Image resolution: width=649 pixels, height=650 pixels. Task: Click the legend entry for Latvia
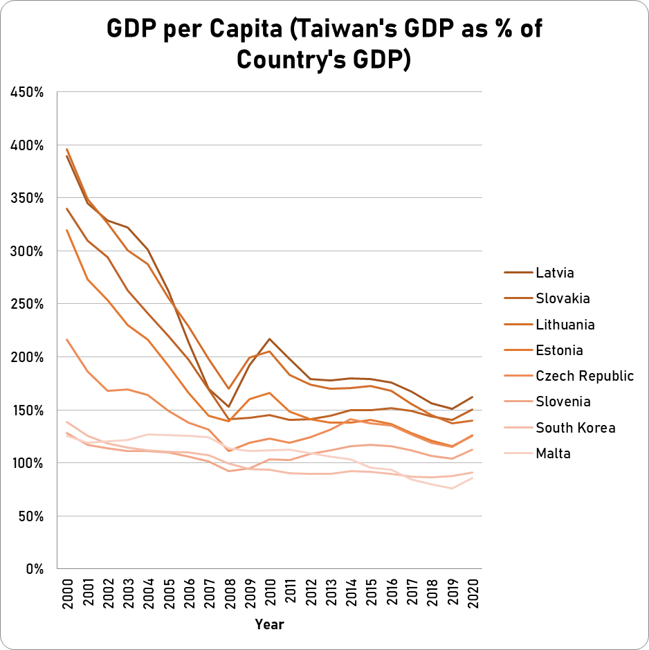(555, 273)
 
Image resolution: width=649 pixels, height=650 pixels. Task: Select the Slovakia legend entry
(563, 298)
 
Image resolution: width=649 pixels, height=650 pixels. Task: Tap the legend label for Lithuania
(565, 325)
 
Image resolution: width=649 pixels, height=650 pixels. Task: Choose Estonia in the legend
(559, 350)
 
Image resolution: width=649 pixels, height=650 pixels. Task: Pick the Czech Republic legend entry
(585, 376)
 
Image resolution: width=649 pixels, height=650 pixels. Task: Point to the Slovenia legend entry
(563, 401)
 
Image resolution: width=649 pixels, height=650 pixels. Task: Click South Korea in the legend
(575, 428)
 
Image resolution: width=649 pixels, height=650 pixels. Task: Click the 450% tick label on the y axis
(26, 93)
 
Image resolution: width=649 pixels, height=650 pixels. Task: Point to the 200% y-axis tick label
(26, 357)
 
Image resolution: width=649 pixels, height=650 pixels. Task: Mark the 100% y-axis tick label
(26, 463)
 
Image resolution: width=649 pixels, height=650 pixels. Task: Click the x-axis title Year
(270, 624)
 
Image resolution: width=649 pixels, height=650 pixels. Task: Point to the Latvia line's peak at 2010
(271, 339)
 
